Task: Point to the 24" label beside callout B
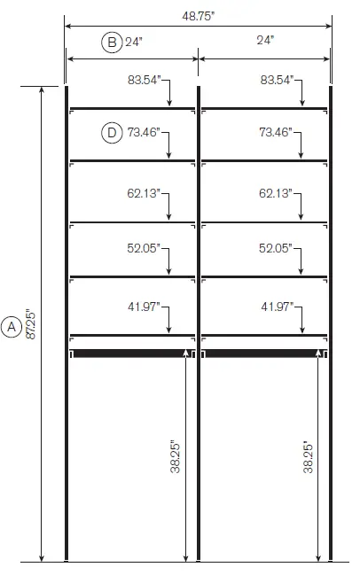coord(135,41)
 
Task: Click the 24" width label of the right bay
coord(265,41)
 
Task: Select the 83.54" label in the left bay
coord(145,81)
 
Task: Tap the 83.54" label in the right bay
coord(276,81)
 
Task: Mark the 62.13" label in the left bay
coord(145,192)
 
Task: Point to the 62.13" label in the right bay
coord(276,192)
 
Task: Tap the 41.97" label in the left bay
coord(145,307)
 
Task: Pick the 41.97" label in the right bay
coord(276,307)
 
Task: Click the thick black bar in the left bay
coord(132,353)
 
